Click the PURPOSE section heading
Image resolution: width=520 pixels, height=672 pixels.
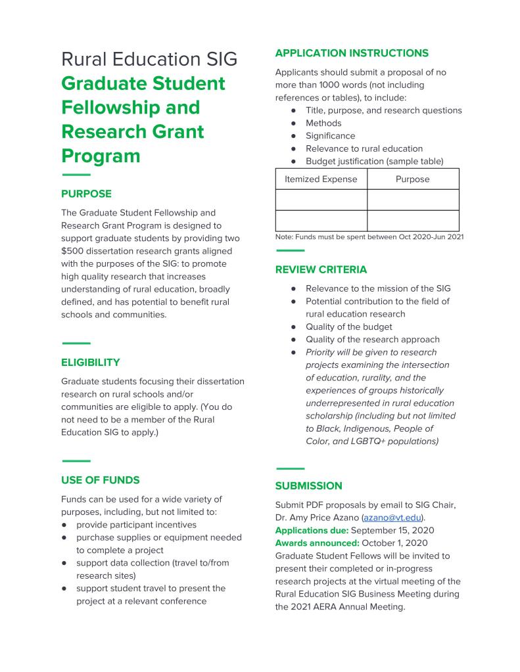86,194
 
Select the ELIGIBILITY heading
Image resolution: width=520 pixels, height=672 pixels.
90,362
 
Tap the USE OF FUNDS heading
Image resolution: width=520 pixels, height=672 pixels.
100,480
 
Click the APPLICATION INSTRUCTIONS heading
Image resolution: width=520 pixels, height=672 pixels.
351,53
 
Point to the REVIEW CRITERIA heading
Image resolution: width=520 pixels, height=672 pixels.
321,270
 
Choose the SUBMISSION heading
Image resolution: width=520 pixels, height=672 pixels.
308,486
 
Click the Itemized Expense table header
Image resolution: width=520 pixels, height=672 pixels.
321,179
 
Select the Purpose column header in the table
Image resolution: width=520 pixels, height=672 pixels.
412,179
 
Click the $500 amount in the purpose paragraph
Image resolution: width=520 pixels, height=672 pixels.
73,251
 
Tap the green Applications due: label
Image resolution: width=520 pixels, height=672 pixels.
312,530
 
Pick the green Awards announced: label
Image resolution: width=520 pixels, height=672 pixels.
317,543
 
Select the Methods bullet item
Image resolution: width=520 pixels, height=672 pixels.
323,123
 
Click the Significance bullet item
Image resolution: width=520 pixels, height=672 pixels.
330,136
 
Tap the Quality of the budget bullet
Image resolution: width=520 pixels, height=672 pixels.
348,326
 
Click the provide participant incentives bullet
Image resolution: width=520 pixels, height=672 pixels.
136,525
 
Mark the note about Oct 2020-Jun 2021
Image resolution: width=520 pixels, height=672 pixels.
369,237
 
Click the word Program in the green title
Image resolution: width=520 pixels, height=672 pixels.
101,156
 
